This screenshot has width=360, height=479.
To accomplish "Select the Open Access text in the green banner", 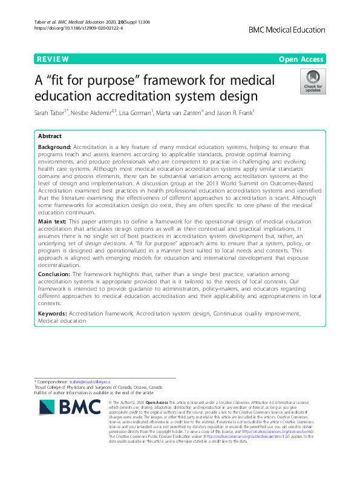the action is (x=301, y=59).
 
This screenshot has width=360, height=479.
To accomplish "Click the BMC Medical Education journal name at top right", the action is (x=286, y=28).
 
